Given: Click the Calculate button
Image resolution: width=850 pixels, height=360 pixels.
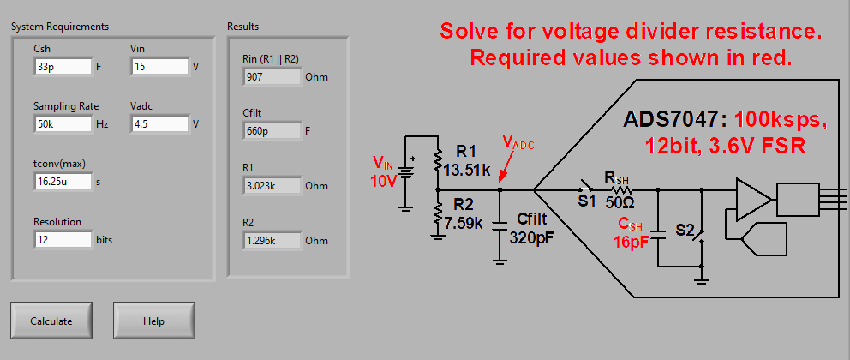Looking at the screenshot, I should (51, 321).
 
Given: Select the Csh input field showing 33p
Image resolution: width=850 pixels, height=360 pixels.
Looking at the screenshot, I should (63, 66).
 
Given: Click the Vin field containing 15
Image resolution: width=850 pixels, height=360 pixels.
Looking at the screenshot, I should (159, 66).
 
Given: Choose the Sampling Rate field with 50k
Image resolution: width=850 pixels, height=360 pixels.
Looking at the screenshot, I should (63, 123).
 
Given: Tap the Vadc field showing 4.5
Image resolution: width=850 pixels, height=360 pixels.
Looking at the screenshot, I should (159, 123).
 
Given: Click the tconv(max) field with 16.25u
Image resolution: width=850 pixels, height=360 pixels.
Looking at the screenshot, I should (63, 181).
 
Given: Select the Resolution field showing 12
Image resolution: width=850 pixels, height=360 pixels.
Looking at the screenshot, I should (63, 239).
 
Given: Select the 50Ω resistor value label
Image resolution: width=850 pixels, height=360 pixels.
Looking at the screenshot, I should (619, 203).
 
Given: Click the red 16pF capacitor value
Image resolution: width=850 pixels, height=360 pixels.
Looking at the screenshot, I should (631, 243).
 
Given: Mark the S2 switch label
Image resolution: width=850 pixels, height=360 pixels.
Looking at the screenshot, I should (685, 230).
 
